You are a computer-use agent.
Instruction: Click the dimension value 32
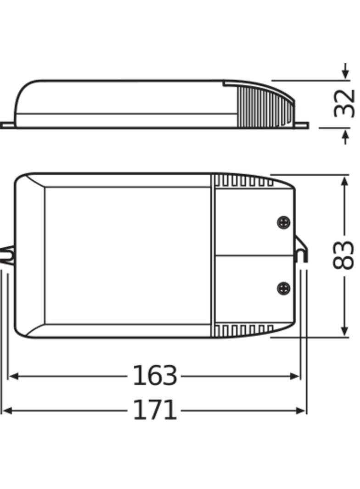(x=344, y=104)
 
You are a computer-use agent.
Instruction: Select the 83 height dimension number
(x=343, y=256)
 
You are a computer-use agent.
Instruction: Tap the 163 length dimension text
(x=155, y=376)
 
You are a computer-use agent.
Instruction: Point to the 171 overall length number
(x=155, y=410)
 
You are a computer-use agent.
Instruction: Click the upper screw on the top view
(x=284, y=222)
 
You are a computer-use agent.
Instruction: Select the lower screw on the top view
(x=284, y=288)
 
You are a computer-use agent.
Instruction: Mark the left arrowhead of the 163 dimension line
(x=13, y=376)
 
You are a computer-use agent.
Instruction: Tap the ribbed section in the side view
(x=262, y=108)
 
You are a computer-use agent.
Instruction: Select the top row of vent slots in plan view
(x=244, y=181)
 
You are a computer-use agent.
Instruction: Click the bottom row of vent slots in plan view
(x=244, y=330)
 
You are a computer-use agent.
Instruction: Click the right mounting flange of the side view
(x=301, y=125)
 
